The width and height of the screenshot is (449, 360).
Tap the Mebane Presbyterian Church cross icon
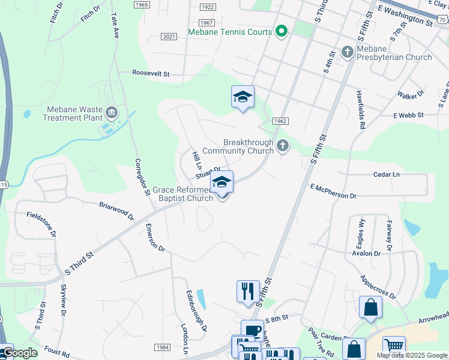(x=348, y=52)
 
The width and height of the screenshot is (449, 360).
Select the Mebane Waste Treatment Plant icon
(x=111, y=112)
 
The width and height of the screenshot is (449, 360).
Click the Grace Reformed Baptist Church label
(x=182, y=194)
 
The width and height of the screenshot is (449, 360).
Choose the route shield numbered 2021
(x=169, y=37)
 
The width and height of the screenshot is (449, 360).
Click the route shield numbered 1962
(x=280, y=121)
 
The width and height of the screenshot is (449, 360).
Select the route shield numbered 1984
(x=162, y=347)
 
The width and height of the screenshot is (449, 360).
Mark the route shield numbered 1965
(x=142, y=5)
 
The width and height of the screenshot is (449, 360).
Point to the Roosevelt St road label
(x=151, y=73)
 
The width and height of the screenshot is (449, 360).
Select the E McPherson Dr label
(x=333, y=192)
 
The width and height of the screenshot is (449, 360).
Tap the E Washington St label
(x=405, y=16)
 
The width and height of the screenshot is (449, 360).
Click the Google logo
(x=19, y=353)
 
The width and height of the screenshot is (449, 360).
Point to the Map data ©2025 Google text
(x=412, y=355)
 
